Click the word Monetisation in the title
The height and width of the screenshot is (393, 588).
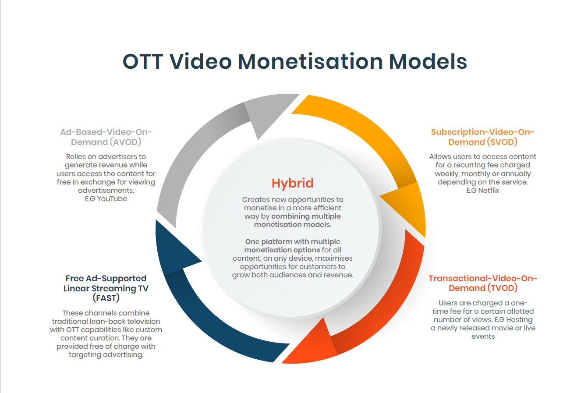tap(310, 61)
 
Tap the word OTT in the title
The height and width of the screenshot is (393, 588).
tap(142, 61)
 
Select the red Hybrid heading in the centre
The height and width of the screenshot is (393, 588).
tap(293, 183)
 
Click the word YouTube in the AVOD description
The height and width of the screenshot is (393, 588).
tap(112, 198)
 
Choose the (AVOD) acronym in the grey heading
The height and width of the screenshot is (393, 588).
tap(125, 142)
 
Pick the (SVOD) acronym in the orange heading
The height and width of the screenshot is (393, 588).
tap(502, 142)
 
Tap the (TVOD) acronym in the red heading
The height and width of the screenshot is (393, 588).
tap(502, 288)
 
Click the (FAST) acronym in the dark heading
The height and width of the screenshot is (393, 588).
tap(106, 298)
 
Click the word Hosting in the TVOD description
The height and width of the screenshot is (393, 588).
tap(519, 319)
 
